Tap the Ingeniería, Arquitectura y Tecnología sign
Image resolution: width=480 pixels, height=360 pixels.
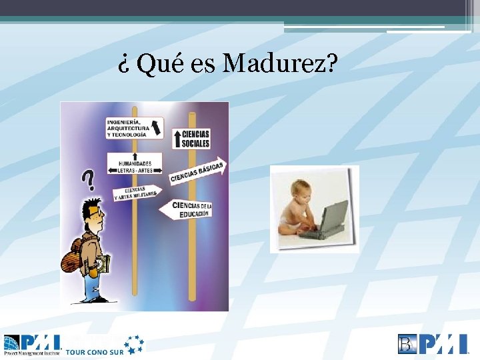click(x=134, y=128)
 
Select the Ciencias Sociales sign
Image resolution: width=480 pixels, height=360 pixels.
click(x=192, y=139)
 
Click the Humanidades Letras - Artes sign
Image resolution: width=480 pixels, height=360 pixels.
click(x=135, y=163)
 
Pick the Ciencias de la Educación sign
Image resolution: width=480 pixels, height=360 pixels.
click(x=186, y=209)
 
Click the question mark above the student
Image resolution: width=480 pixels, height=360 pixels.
click(x=87, y=179)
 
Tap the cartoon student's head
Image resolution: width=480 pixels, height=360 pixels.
click(x=90, y=213)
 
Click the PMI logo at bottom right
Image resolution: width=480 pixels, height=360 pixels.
click(x=433, y=344)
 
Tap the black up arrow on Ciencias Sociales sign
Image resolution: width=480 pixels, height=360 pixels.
click(x=178, y=139)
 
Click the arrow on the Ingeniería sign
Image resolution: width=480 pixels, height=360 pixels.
click(x=156, y=126)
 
